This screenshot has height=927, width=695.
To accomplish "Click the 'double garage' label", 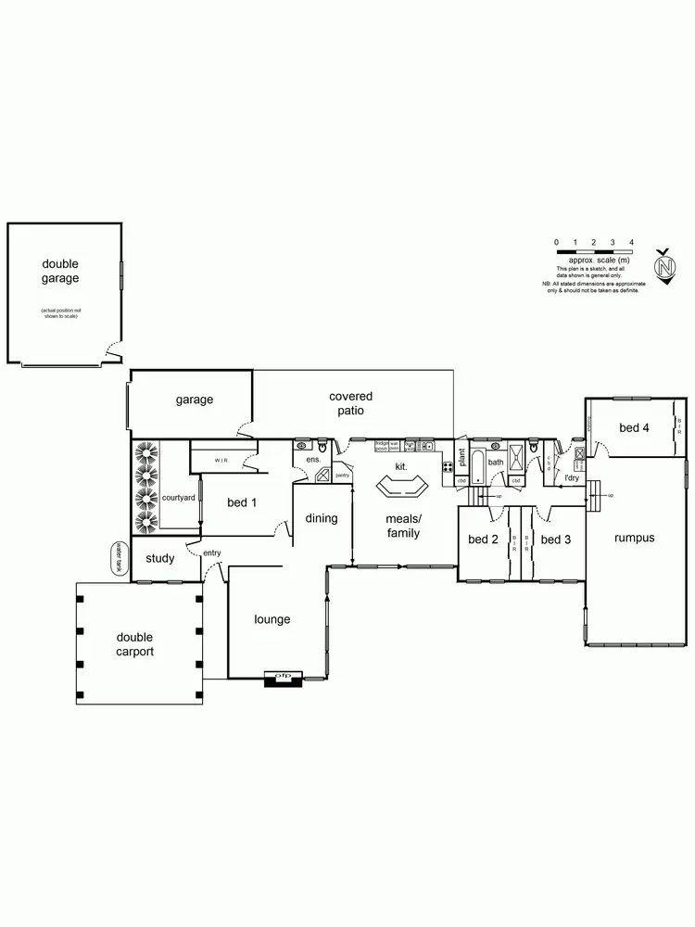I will point(60,271).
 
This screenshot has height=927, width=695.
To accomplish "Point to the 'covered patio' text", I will point(351,403).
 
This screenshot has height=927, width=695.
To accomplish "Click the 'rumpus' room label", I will point(634,538).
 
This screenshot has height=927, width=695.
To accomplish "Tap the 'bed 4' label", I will point(634,427).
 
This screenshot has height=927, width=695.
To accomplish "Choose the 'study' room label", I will point(160,558).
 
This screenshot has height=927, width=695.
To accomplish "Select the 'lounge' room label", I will point(272,619).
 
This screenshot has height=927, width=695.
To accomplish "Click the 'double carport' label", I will point(134,644).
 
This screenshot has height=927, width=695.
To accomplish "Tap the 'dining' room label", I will point(322,518).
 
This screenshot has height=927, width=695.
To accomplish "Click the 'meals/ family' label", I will point(403,526).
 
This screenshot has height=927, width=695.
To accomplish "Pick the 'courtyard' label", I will point(178,498).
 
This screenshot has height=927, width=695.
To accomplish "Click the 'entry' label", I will point(212,552).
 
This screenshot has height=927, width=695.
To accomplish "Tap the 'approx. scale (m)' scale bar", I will point(594,251).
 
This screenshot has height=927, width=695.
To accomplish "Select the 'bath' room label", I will point(496,462).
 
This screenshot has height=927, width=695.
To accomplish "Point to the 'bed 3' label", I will point(555,540).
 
